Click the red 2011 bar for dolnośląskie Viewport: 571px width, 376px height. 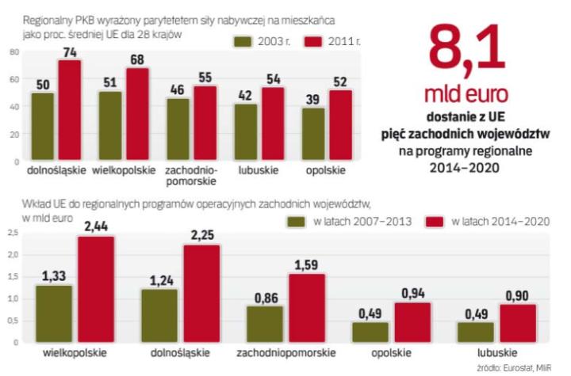(69, 110)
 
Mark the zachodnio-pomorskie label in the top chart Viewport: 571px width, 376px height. (189, 173)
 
